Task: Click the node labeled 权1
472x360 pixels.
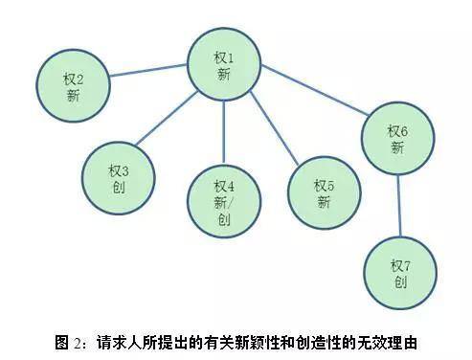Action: [224, 64]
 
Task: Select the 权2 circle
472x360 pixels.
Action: [73, 85]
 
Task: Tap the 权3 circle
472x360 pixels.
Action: [119, 178]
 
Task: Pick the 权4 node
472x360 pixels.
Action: [224, 201]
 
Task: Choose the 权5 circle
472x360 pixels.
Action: [324, 192]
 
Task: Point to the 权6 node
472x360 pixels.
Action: [397, 138]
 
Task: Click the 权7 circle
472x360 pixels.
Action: [400, 273]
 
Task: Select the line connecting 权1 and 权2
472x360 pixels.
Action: [148, 71]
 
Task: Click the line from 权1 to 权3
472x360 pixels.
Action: [168, 119]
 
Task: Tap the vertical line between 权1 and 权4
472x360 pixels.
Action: [224, 132]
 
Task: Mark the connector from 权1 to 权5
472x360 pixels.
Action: [275, 128]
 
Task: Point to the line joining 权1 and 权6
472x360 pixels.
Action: [315, 90]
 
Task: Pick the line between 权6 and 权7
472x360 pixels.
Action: [399, 206]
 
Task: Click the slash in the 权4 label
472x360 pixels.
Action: [231, 203]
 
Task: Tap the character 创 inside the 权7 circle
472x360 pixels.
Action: [400, 282]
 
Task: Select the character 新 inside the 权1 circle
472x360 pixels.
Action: [224, 75]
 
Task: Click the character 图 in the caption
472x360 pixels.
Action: [61, 343]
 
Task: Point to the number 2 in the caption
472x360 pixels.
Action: [78, 344]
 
